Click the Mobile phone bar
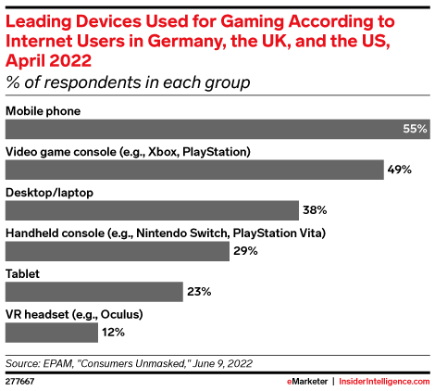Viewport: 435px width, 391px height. pos(217,129)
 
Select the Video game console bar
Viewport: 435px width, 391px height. pos(194,170)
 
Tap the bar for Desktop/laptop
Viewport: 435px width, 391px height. pos(152,210)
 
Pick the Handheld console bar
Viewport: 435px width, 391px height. pos(118,251)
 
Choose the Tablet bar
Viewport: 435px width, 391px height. pos(94,292)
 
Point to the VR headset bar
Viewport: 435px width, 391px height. pos(52,333)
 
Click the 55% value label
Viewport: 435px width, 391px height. pos(415,129)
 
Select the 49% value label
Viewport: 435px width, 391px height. pos(400,170)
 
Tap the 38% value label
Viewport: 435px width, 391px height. pos(315,210)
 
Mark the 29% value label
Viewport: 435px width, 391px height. pos(245,251)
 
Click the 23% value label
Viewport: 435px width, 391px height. pos(199,292)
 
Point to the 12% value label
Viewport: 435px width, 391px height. pos(113,333)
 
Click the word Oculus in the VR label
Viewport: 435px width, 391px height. pos(121,314)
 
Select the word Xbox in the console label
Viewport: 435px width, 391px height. pos(163,152)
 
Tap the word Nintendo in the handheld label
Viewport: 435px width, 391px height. pos(161,233)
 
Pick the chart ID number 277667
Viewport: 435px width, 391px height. pos(19,382)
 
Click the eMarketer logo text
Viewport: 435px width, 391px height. pos(307,382)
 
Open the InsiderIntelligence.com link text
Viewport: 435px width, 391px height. pos(384,382)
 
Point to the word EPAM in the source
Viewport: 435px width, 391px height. pos(57,363)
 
